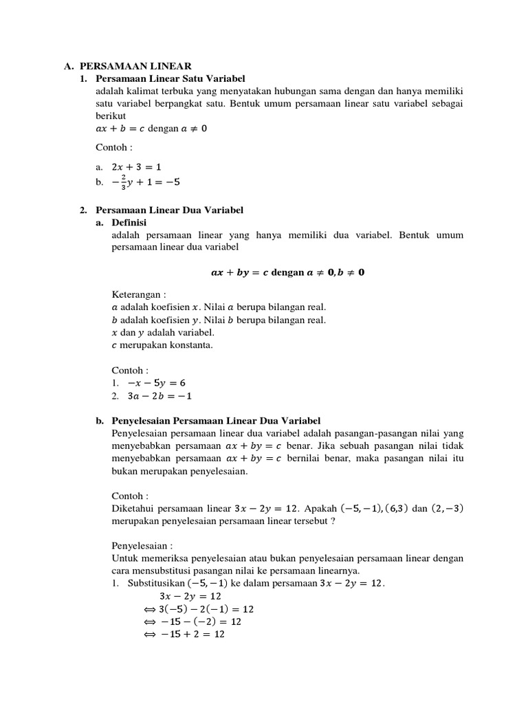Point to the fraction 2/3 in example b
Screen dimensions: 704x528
pyautogui.click(x=123, y=181)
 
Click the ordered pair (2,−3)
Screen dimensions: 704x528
pyautogui.click(x=448, y=509)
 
